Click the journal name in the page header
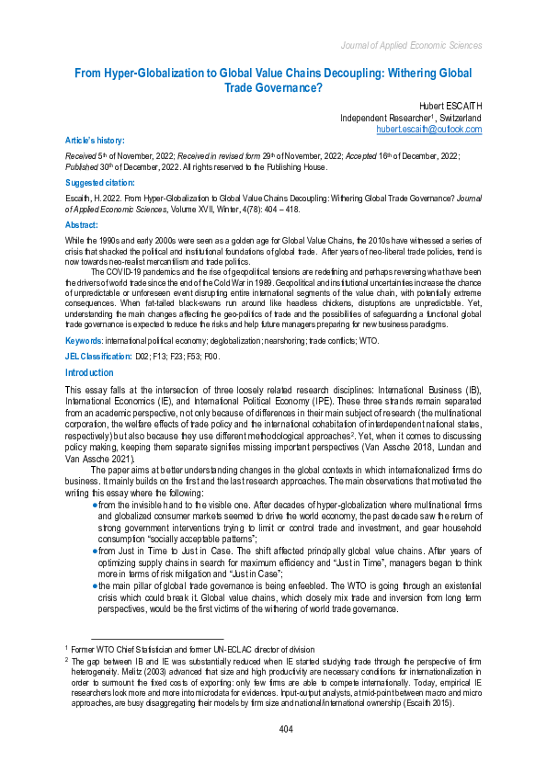click(x=411, y=44)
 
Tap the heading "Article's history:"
click(x=94, y=140)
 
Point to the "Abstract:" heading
click(x=83, y=224)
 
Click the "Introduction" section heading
click(x=89, y=372)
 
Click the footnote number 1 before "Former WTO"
click(x=67, y=649)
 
